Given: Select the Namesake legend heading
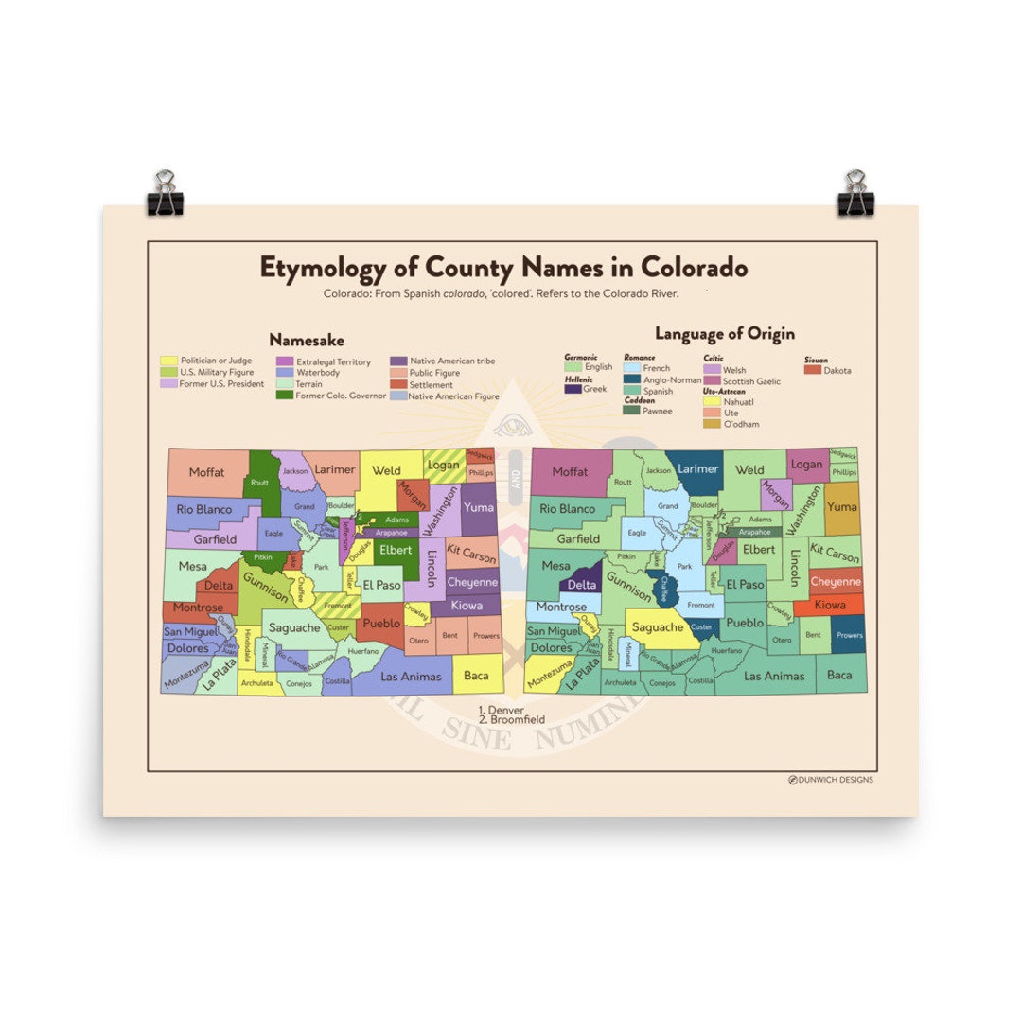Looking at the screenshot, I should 306,339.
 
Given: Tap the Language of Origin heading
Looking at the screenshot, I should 724,333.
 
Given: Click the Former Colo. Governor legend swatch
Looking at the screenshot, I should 284,396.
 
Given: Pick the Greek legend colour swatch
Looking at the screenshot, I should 573,389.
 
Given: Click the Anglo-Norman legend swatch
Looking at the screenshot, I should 632,379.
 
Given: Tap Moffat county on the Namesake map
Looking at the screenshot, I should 206,472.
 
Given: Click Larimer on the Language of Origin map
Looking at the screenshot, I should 698,468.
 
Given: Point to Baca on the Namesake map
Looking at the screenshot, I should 476,676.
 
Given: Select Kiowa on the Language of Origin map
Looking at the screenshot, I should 830,604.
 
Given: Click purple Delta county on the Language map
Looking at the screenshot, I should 581,584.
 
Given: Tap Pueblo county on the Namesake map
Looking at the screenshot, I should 381,624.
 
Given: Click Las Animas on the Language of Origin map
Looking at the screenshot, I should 774,676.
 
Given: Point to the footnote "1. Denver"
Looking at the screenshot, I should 501,710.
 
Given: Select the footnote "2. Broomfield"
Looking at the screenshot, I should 511,719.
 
